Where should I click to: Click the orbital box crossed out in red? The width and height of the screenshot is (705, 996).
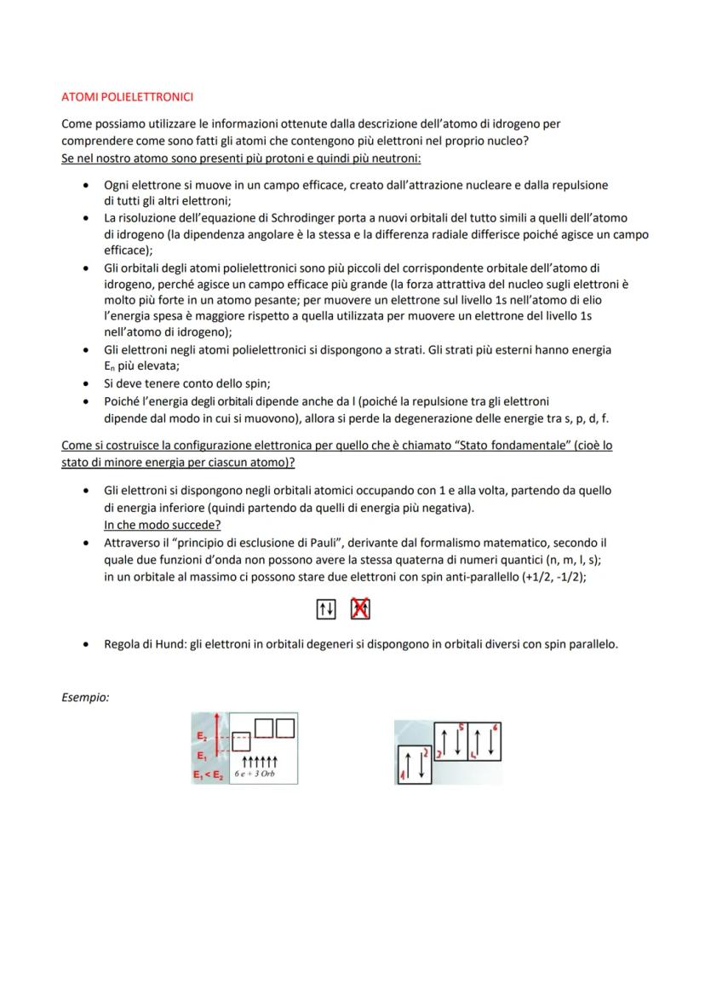point(360,609)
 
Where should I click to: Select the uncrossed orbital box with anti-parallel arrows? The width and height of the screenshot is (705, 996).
point(325,609)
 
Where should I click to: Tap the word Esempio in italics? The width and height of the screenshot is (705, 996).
point(85,697)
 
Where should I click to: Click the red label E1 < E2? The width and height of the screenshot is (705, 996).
point(208,774)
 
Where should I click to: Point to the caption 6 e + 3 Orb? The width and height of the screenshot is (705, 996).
point(255,774)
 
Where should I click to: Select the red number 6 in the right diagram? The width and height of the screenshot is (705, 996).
point(496,727)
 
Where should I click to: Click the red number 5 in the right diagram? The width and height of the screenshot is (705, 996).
point(461,727)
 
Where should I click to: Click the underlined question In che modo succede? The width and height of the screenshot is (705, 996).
point(162,526)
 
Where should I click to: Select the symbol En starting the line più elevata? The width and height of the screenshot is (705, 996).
point(110,367)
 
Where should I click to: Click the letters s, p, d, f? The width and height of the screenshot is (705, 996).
point(587,418)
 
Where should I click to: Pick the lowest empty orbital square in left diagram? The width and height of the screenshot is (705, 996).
point(241,740)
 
